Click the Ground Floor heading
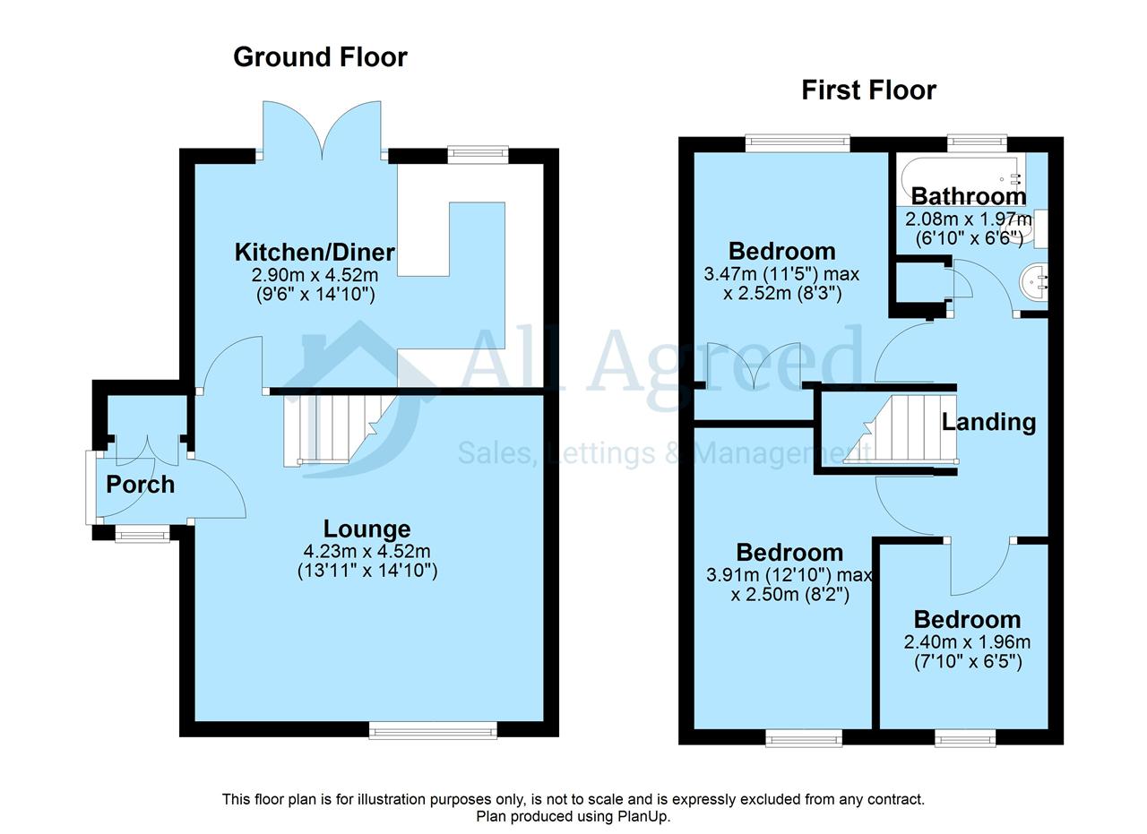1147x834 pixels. tap(320, 56)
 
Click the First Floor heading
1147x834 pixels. tap(868, 90)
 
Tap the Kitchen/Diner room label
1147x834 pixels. tap(315, 252)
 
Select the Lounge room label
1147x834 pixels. tap(367, 529)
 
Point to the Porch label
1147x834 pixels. tap(141, 485)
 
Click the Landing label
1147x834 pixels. tap(988, 423)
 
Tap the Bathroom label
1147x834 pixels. tap(969, 196)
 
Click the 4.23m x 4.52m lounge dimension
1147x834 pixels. tap(367, 552)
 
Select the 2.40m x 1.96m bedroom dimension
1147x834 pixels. tap(967, 642)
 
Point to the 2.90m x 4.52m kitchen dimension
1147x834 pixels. tap(315, 275)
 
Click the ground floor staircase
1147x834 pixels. tap(341, 430)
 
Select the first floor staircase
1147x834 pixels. tap(901, 429)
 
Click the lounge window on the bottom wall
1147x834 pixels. tap(433, 731)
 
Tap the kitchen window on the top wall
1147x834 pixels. tap(478, 155)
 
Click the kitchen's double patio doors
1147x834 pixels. tap(322, 130)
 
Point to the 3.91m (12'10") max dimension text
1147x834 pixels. tap(789, 575)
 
